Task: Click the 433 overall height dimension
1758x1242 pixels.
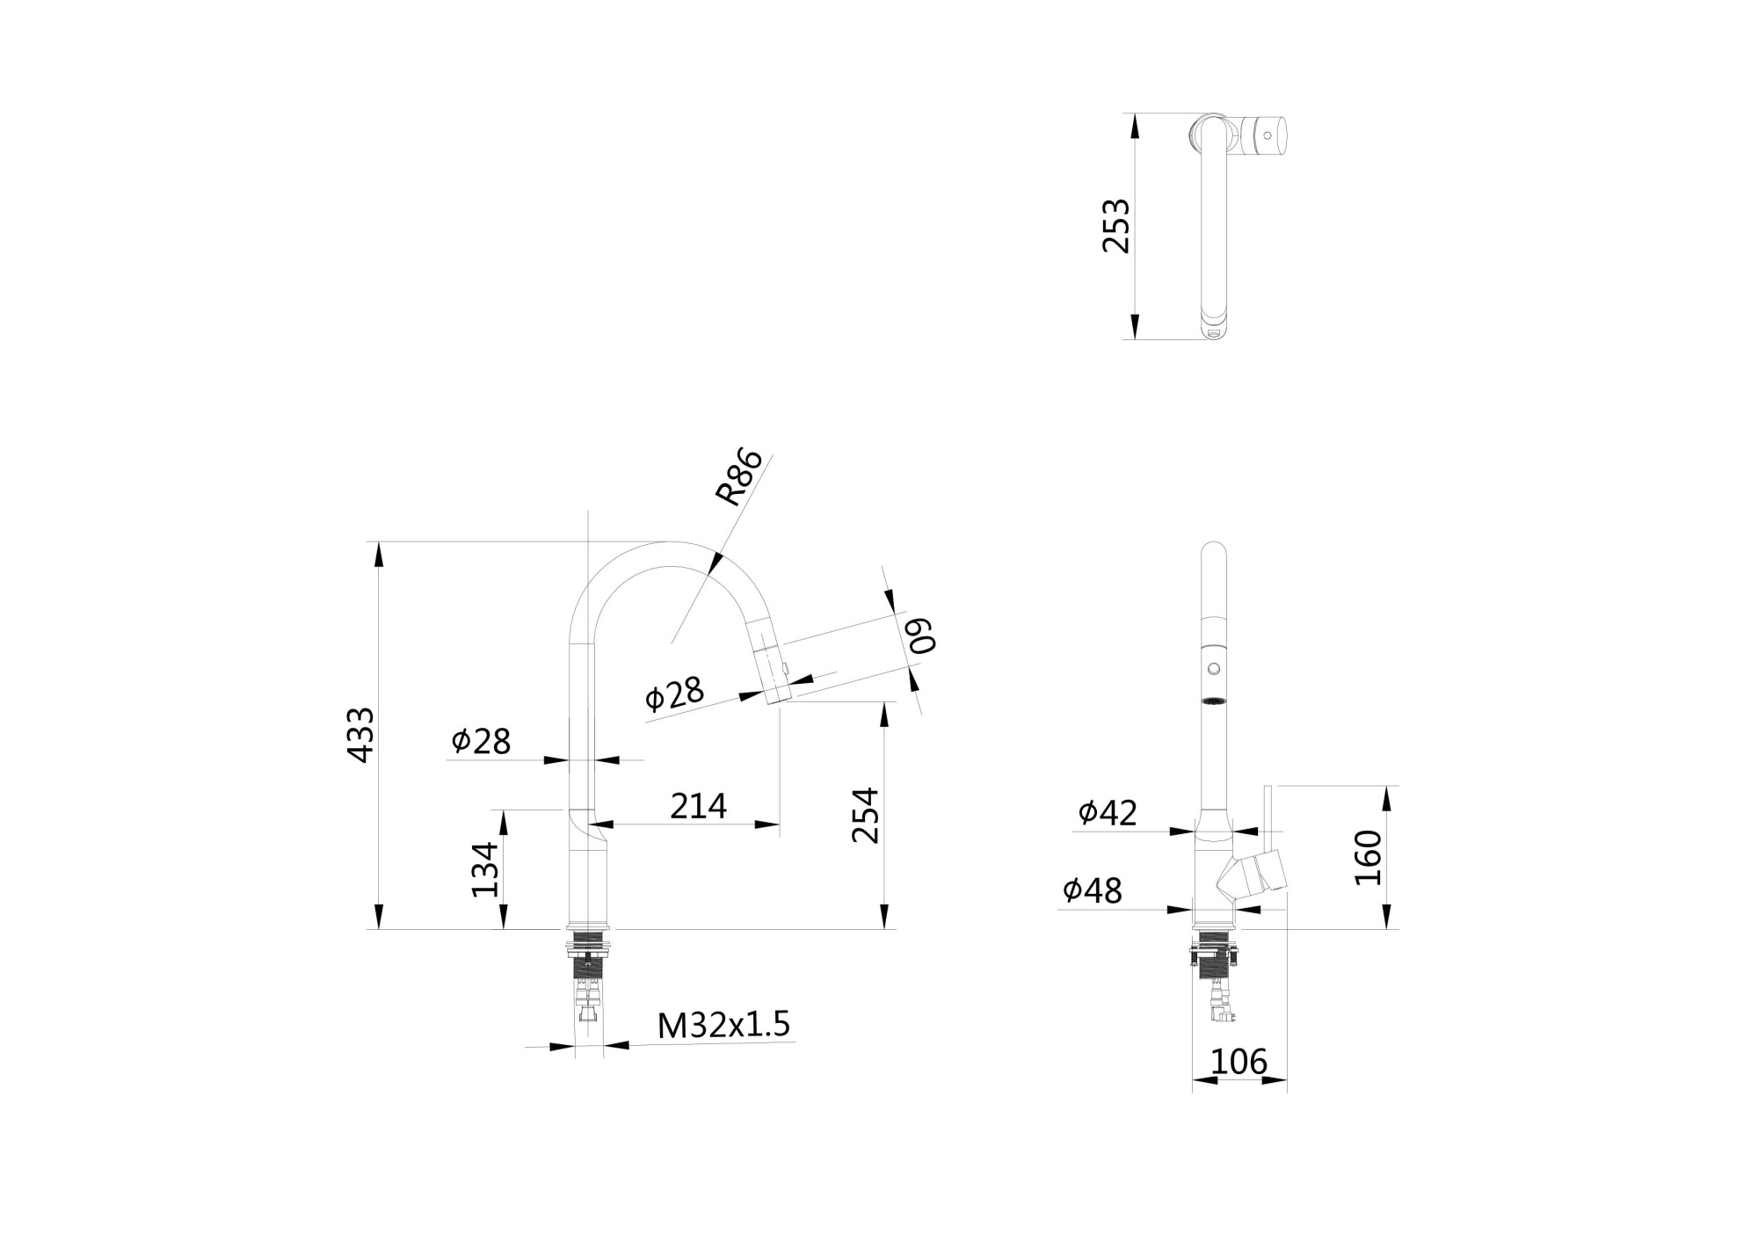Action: point(360,734)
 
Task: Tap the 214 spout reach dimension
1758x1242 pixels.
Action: point(698,806)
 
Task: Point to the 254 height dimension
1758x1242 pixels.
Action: point(866,815)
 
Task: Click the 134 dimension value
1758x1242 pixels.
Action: point(484,869)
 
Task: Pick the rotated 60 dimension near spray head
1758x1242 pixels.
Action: point(921,636)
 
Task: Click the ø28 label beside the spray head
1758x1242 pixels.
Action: point(674,694)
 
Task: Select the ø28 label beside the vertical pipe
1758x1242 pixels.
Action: point(481,741)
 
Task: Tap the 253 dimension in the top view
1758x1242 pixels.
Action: point(1116,226)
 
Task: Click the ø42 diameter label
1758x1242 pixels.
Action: point(1108,813)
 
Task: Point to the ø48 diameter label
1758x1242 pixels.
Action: point(1093,890)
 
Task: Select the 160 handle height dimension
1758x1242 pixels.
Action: point(1369,857)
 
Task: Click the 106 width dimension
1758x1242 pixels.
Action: point(1239,1062)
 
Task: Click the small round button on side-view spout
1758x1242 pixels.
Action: point(1214,669)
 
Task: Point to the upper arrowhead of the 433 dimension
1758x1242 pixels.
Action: point(379,555)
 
